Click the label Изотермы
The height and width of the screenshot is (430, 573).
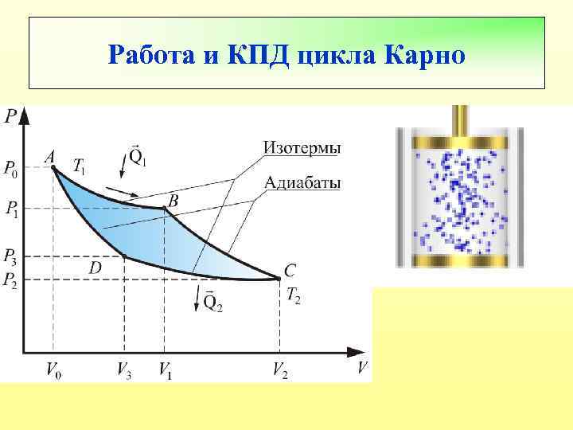click(302, 148)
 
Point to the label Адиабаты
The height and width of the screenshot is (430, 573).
click(302, 184)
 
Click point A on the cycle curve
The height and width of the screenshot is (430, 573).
click(53, 168)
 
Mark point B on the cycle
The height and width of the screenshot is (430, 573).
click(165, 208)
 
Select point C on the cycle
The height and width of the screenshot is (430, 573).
click(280, 278)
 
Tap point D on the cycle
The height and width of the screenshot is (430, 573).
click(124, 256)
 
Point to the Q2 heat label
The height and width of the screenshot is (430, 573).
click(212, 302)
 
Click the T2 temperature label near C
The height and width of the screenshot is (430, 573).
click(293, 298)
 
